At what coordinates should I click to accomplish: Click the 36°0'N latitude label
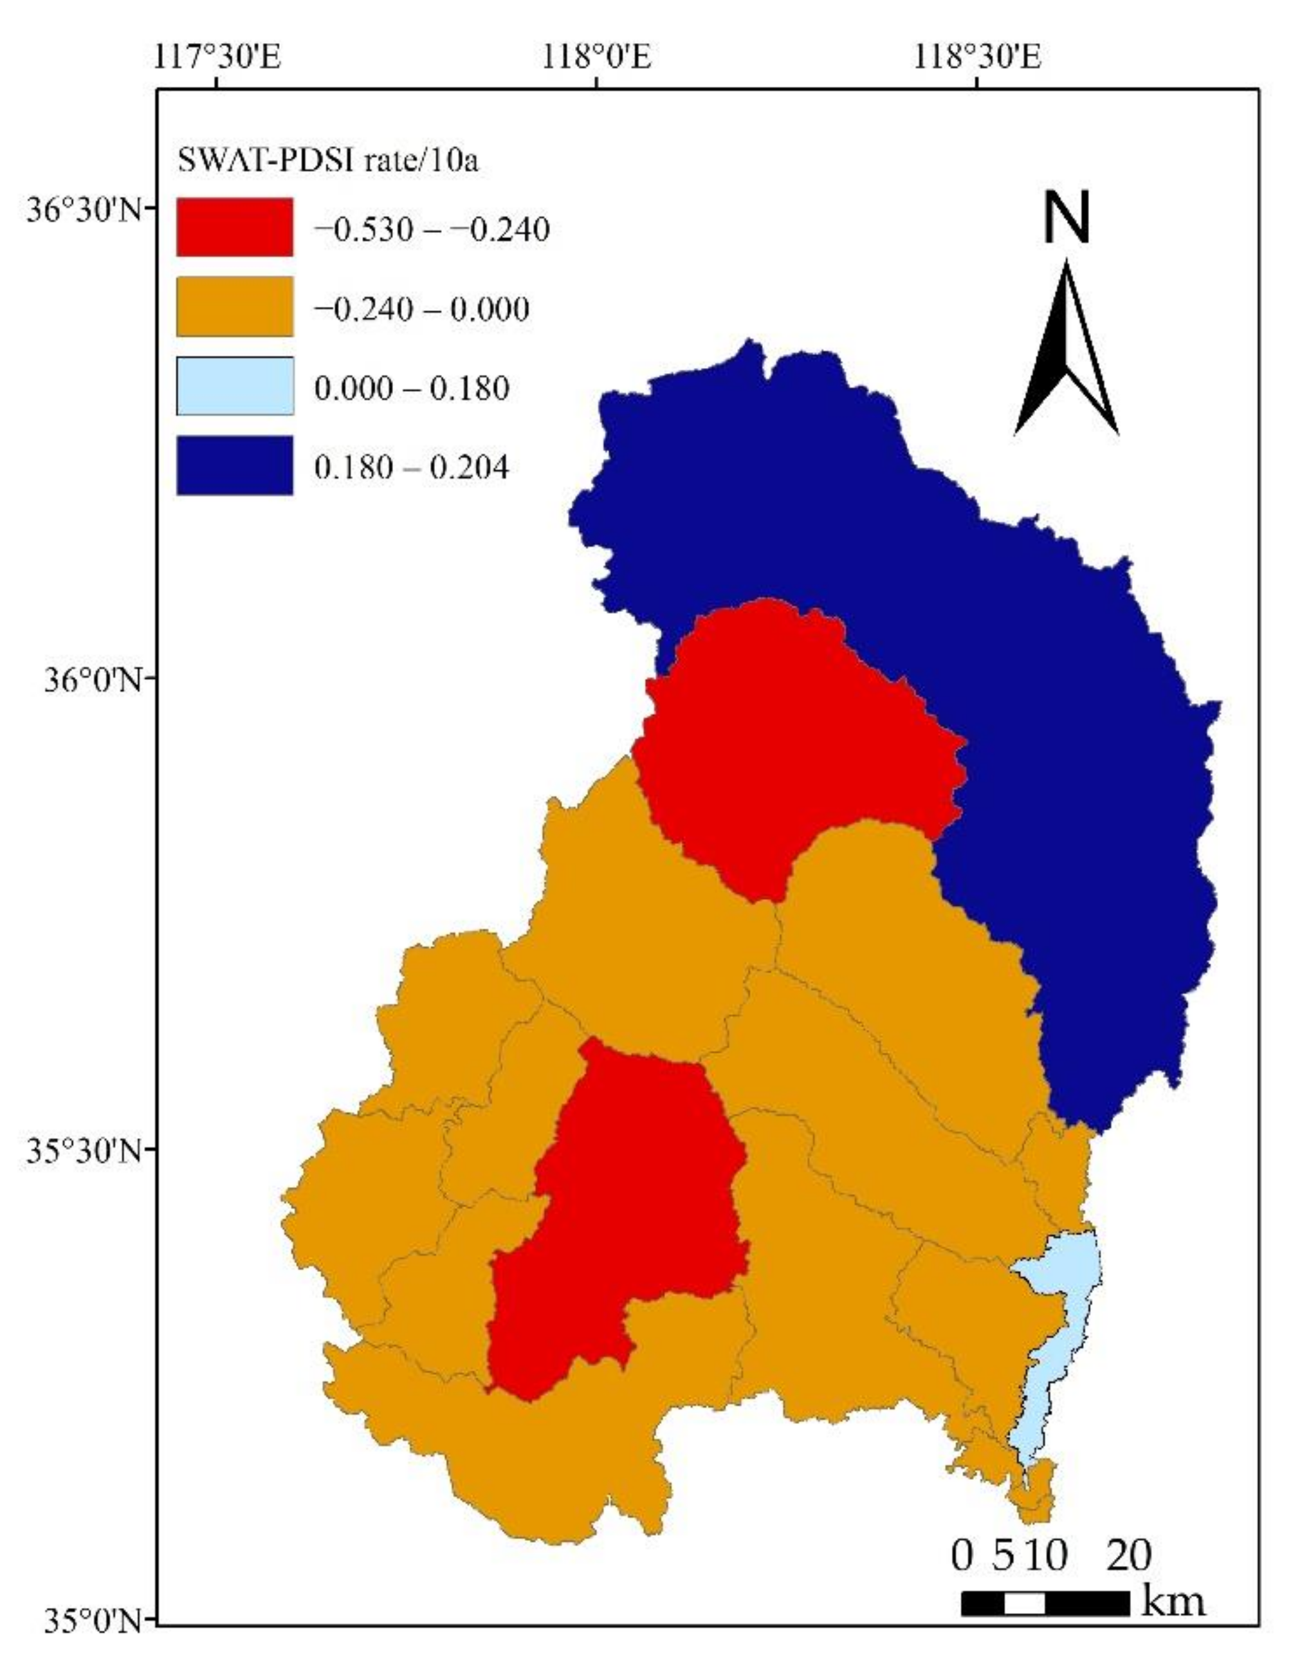coord(91,679)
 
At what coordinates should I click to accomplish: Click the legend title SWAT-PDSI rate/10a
coord(328,161)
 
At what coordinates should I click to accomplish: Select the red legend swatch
coord(234,227)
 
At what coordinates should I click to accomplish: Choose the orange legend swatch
coord(234,306)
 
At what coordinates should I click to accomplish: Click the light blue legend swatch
coord(234,386)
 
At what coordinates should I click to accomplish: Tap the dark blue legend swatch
coord(234,465)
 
